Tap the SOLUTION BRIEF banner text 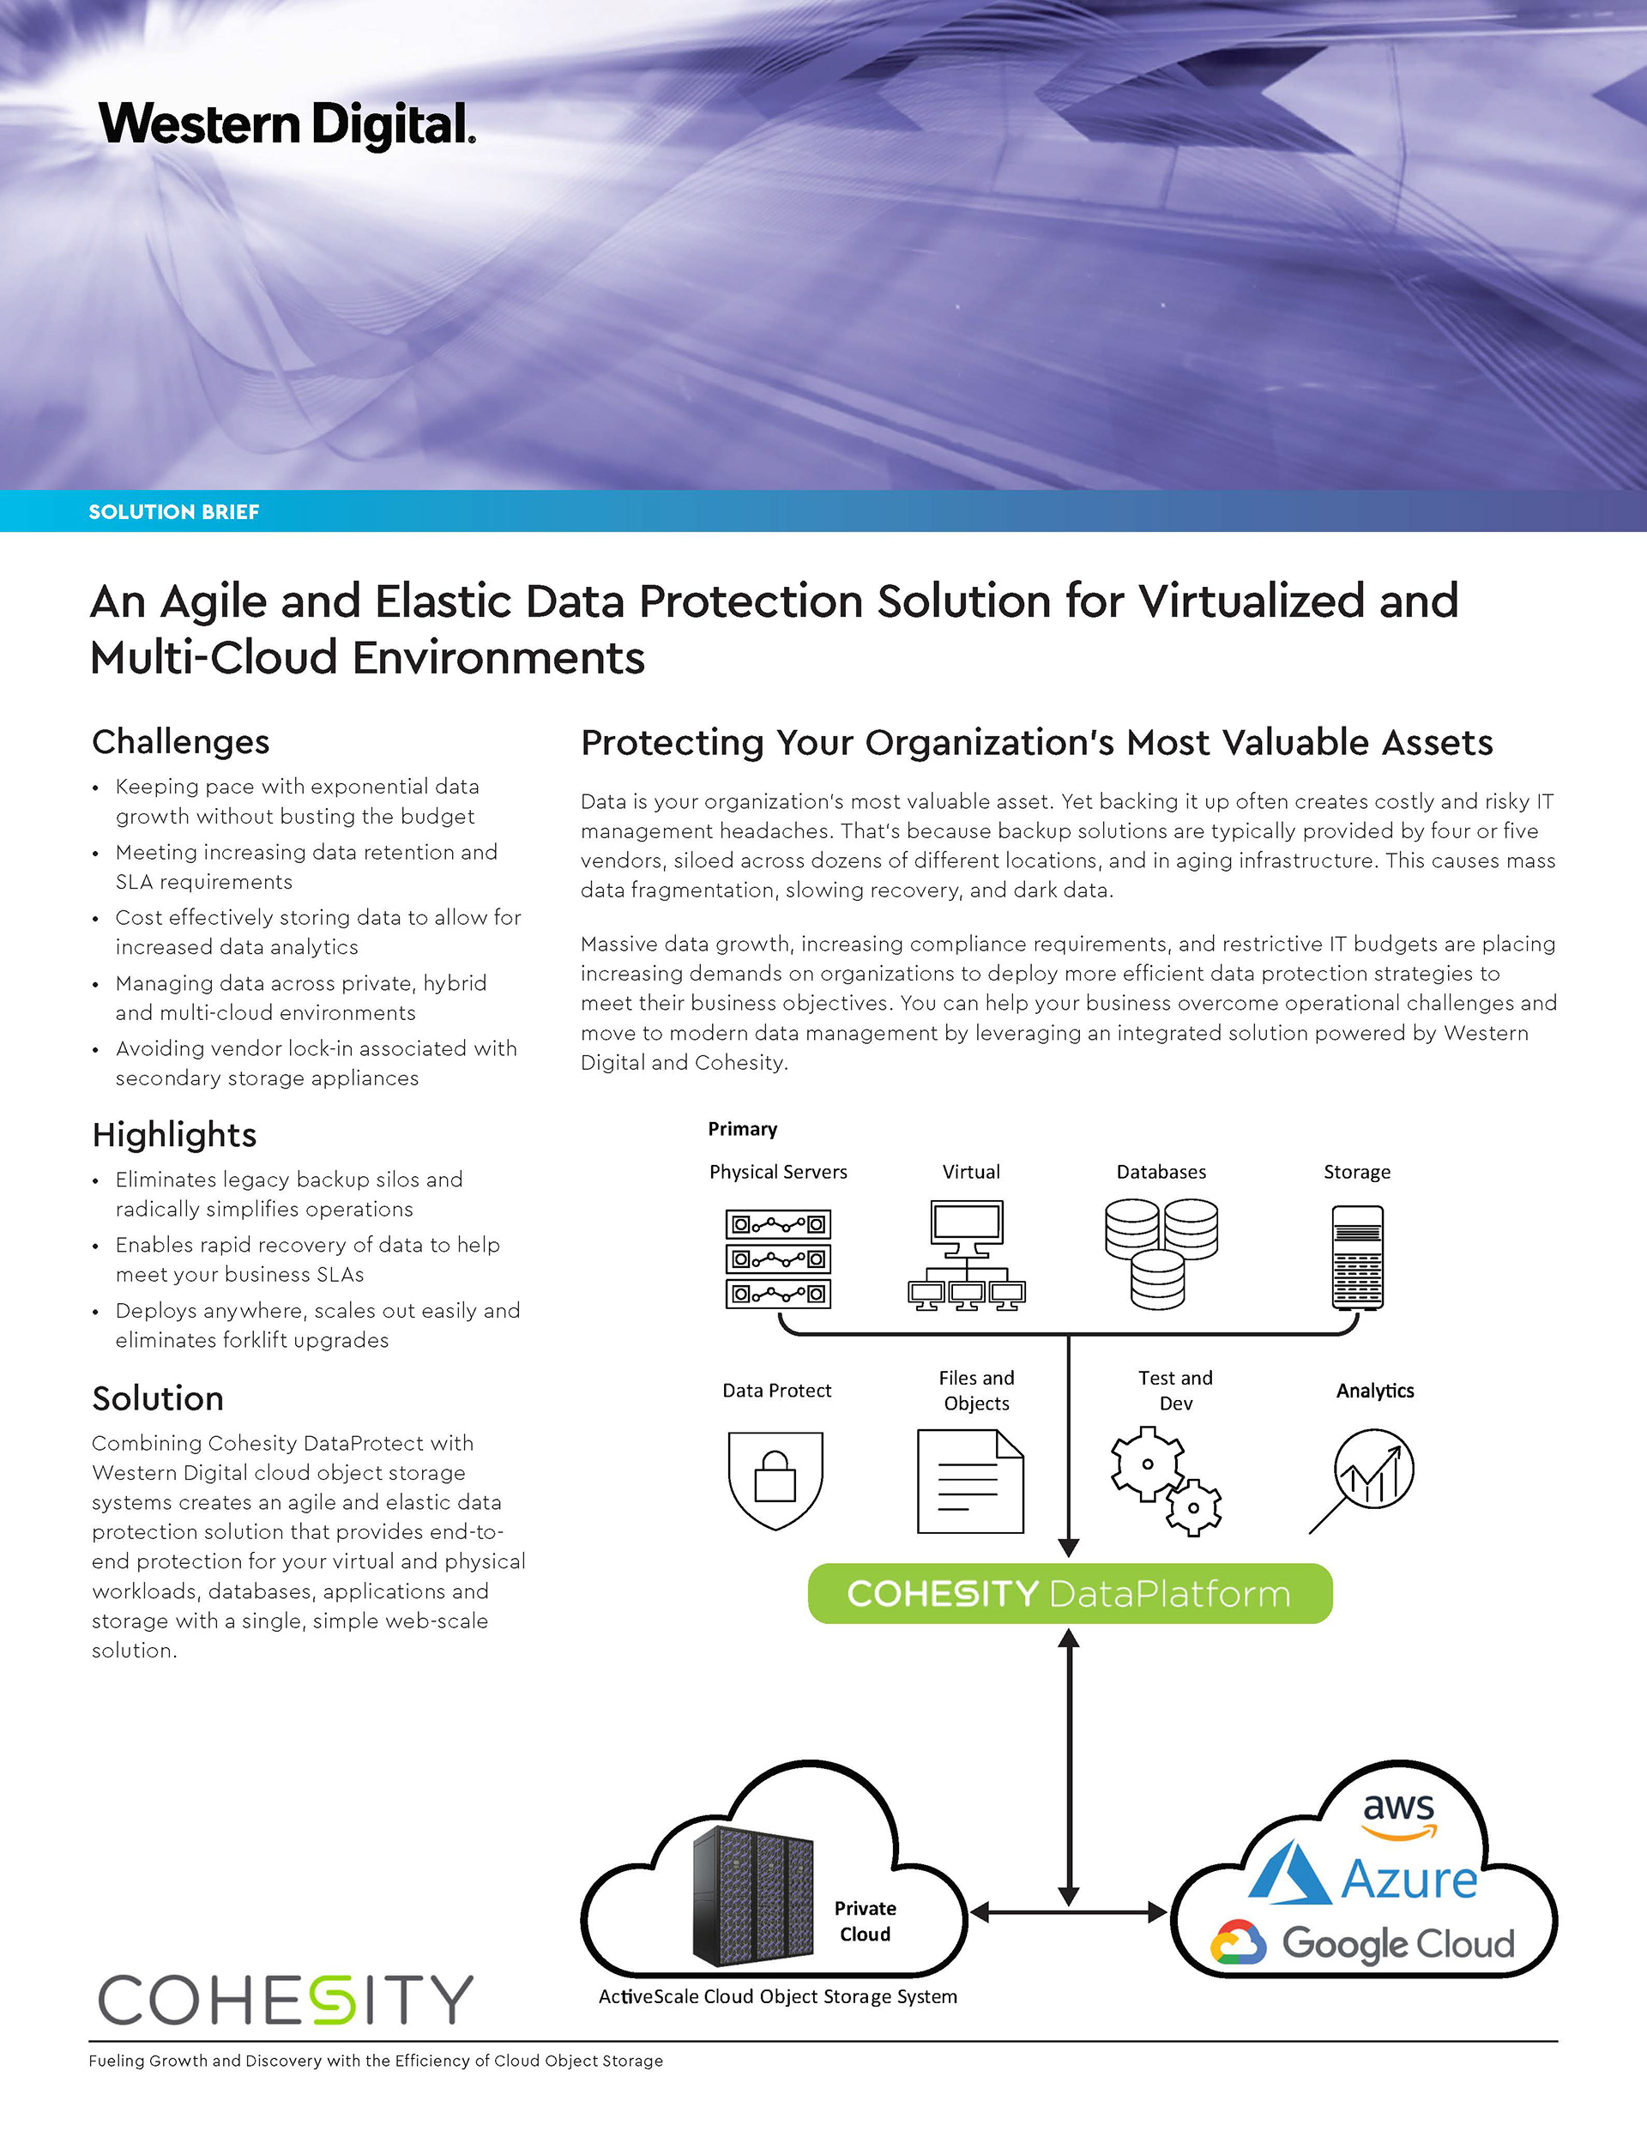(173, 512)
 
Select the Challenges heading (180, 741)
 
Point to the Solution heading (157, 1398)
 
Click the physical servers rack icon (778, 1259)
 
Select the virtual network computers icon (966, 1257)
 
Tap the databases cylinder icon (1161, 1254)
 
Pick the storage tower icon (1357, 1258)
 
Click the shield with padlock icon (775, 1479)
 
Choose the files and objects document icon (970, 1482)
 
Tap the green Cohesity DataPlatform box (1070, 1593)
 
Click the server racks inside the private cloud (752, 1896)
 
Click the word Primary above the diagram (743, 1129)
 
